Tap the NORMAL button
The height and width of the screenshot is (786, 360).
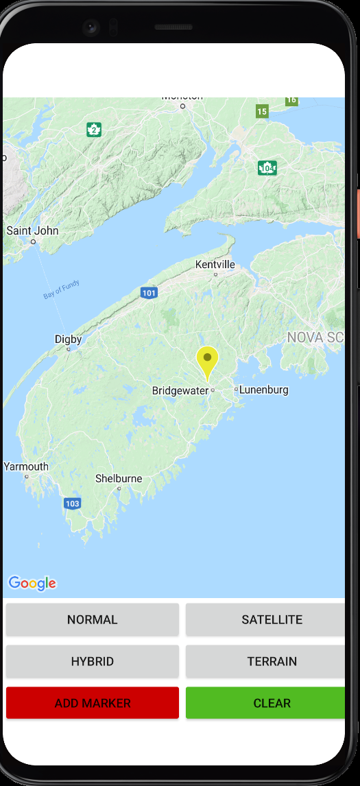[93, 620]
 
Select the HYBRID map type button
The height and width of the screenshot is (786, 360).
[93, 662]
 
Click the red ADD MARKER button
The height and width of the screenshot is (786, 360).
[93, 703]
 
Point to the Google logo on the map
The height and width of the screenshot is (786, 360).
[32, 583]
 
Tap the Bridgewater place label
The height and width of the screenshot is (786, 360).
[180, 391]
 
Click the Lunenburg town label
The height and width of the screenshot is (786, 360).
[263, 390]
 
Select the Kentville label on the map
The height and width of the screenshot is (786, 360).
[215, 265]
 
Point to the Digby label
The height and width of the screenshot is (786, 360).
[68, 340]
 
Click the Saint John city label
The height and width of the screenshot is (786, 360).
[32, 231]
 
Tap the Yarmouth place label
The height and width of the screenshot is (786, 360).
[26, 467]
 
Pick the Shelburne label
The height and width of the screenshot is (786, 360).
[119, 479]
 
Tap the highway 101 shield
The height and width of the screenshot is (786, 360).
[149, 294]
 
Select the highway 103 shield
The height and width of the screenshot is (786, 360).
[72, 503]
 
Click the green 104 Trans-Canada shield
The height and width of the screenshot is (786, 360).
[267, 168]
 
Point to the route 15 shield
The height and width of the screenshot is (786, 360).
[261, 111]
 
